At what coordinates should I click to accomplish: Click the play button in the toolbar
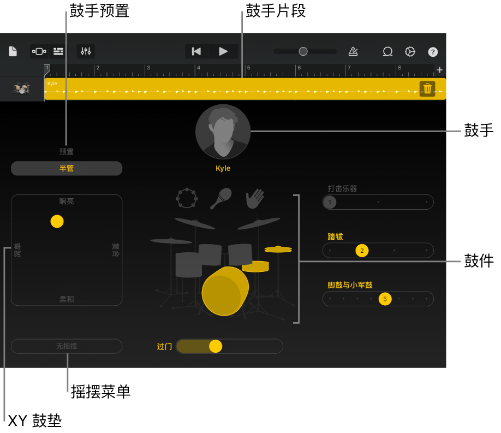coord(223,51)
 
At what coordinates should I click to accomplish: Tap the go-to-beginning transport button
coord(196,51)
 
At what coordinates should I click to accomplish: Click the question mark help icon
coord(433,52)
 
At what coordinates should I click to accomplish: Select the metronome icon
coord(353,51)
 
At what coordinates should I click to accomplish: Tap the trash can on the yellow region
coord(427,88)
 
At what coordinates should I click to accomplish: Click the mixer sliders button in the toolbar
coord(86,51)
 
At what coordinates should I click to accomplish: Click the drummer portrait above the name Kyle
coord(223,132)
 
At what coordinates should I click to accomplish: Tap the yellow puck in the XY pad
coord(57,221)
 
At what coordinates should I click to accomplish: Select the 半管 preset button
coord(67,168)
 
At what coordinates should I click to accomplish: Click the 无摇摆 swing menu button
coord(67,346)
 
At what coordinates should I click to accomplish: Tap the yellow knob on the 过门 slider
coord(216,346)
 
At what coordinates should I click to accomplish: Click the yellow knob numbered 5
coord(385,299)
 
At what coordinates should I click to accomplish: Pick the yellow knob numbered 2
coord(362,251)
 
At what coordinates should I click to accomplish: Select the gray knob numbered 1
coord(330,202)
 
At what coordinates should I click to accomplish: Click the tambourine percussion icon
coord(187,198)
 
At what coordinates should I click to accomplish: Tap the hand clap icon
coord(255,199)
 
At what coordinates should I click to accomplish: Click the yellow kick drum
coord(225,292)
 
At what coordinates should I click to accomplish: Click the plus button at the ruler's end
coord(440,70)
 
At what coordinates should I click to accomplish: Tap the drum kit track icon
coord(21,88)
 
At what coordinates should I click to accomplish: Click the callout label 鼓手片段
coord(276,10)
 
